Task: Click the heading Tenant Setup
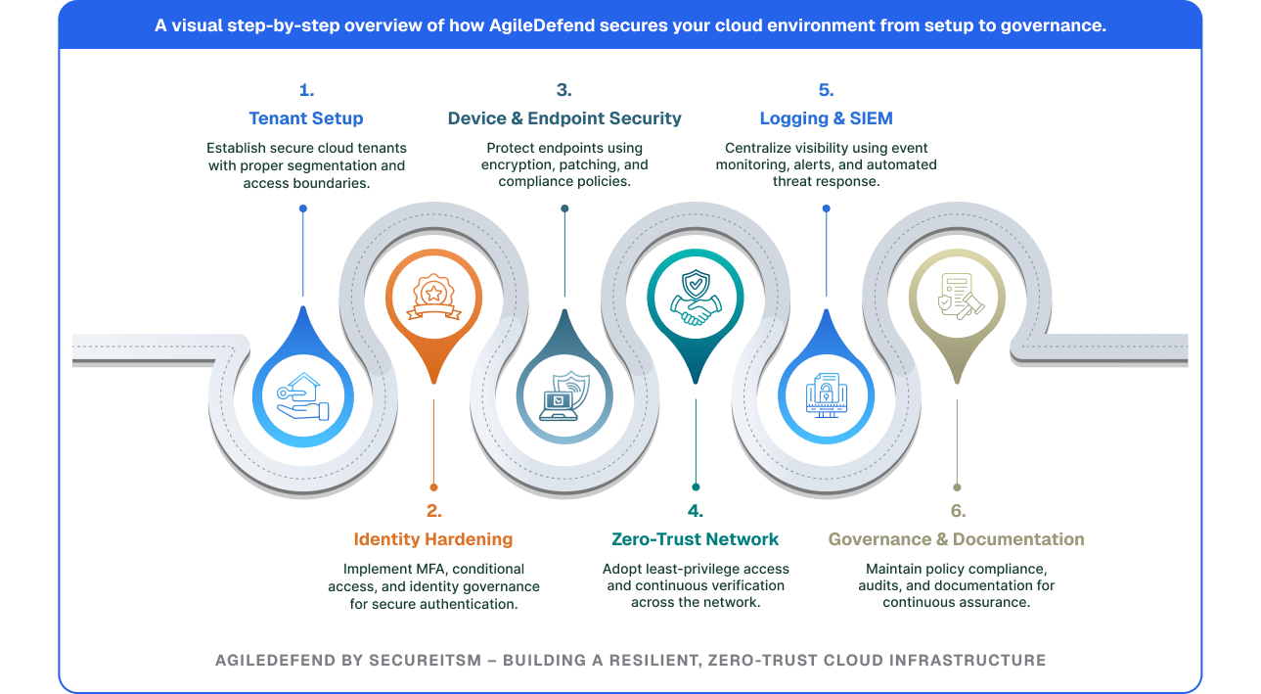tap(305, 118)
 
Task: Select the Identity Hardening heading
tap(432, 539)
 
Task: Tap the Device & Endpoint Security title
tap(564, 118)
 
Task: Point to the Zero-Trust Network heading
tap(695, 539)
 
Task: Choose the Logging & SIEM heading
tap(826, 118)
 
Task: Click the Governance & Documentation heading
tap(956, 539)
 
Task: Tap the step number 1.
tap(306, 90)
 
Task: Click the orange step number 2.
tap(433, 511)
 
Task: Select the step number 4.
tap(696, 511)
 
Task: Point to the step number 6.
tap(958, 511)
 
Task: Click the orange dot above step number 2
tap(433, 486)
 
